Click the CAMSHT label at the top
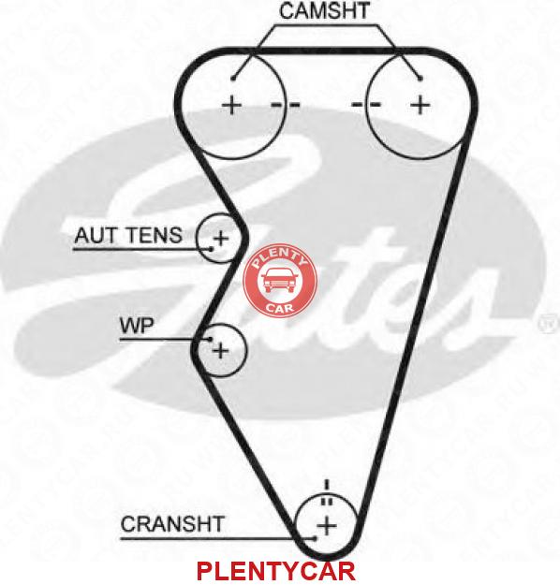[x=324, y=11]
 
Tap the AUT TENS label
[x=128, y=235]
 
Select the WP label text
[x=137, y=326]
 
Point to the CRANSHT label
[x=172, y=524]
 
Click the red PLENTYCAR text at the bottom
[x=275, y=571]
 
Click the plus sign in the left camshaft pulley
[x=232, y=105]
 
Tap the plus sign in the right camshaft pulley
[x=420, y=105]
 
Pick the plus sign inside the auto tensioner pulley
[x=221, y=238]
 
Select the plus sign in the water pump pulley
[x=221, y=350]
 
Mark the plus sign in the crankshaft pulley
[x=327, y=526]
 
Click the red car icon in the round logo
[x=280, y=282]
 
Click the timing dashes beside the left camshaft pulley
[x=286, y=104]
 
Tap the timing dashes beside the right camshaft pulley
[x=366, y=104]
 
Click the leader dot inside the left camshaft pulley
[x=233, y=79]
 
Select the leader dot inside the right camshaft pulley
[x=420, y=79]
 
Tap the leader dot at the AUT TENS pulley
[x=212, y=248]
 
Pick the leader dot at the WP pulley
[x=210, y=339]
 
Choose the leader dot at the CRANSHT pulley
[x=315, y=538]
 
